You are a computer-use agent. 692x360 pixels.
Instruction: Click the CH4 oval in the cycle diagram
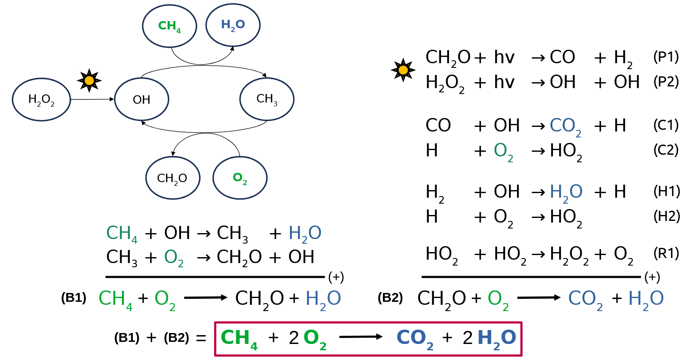point(170,26)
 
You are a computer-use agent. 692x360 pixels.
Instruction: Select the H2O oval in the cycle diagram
point(233,25)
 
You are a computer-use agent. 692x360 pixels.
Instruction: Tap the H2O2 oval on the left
point(41,99)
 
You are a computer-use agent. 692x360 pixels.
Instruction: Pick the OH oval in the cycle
point(142,99)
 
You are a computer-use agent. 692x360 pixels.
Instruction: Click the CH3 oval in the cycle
point(267,99)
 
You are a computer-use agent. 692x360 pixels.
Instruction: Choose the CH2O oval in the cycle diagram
point(172,178)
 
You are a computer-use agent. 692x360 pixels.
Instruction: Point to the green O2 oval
point(240,178)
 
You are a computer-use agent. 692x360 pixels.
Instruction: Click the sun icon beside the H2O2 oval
point(89,80)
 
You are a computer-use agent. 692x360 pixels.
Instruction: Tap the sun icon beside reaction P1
point(403,70)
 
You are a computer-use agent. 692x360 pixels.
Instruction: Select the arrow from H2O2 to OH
point(92,99)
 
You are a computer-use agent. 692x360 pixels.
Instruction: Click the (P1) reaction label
point(666,56)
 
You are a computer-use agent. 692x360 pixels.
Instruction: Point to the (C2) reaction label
point(666,150)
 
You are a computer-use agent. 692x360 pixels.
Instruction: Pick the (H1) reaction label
point(666,191)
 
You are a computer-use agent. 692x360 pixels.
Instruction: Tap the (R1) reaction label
point(666,253)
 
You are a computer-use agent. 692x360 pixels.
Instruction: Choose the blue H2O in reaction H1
point(566,192)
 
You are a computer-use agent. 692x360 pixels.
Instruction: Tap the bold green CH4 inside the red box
point(239,339)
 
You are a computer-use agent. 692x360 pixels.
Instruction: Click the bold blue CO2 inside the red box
point(415,339)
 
